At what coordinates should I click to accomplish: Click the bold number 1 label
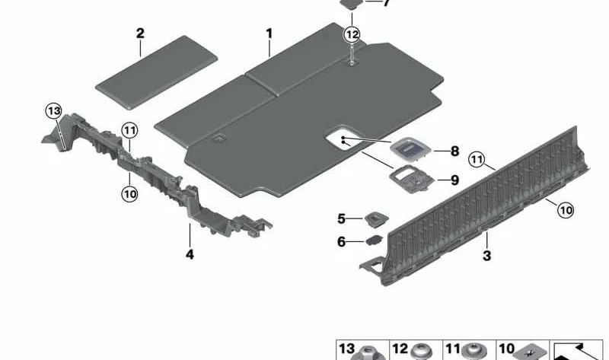click(x=269, y=33)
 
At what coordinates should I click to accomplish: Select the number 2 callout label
click(x=140, y=33)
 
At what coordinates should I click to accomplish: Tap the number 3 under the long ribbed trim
click(x=486, y=256)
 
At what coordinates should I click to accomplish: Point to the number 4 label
click(x=190, y=254)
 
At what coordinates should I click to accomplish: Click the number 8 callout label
click(x=454, y=151)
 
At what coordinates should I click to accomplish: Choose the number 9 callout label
click(x=454, y=180)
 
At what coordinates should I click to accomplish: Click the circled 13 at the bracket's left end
click(x=53, y=111)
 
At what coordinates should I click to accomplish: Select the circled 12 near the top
click(x=352, y=35)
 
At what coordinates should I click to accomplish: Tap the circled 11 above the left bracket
click(x=129, y=130)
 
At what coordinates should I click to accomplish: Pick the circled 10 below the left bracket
click(x=129, y=193)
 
